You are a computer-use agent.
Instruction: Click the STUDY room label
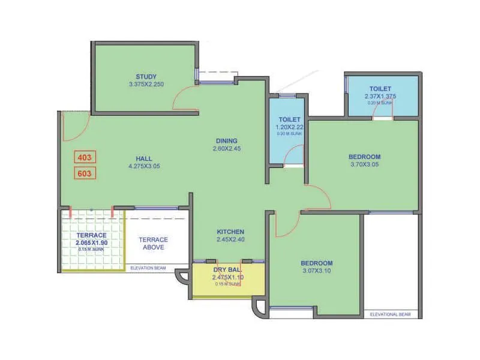click(x=146, y=76)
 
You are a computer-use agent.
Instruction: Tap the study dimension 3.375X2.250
click(x=146, y=85)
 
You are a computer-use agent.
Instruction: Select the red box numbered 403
click(x=85, y=157)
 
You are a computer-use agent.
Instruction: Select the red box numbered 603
click(x=85, y=173)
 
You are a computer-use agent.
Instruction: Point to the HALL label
click(x=143, y=158)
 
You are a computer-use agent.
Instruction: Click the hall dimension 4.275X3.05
click(x=143, y=166)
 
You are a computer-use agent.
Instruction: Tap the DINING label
click(x=227, y=141)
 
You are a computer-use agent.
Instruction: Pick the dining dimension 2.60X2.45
click(x=227, y=149)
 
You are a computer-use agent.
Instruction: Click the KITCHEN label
click(x=230, y=232)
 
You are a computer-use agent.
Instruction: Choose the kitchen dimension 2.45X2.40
click(x=230, y=239)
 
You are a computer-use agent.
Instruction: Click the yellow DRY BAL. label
click(x=227, y=270)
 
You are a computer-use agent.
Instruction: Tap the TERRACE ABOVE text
click(x=154, y=243)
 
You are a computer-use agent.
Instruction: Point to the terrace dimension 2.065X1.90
click(x=92, y=242)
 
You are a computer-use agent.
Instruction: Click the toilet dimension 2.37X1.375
click(x=380, y=97)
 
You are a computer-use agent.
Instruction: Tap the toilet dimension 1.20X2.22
click(x=289, y=127)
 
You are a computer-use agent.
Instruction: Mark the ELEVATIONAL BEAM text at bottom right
click(x=390, y=314)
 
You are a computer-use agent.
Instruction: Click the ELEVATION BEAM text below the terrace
click(x=148, y=268)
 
